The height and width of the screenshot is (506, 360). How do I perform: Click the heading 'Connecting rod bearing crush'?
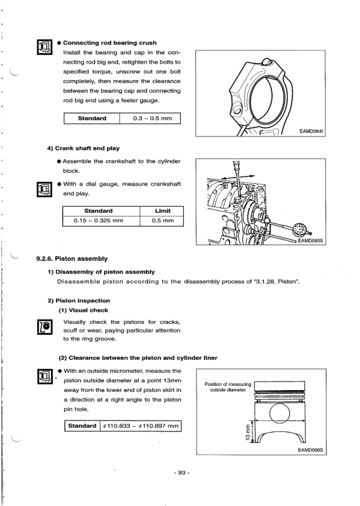click(x=110, y=43)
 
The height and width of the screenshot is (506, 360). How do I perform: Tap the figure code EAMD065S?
click(x=310, y=241)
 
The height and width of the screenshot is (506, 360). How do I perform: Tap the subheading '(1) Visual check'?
click(x=84, y=311)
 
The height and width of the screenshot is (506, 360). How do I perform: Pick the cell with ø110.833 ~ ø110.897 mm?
click(x=141, y=426)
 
